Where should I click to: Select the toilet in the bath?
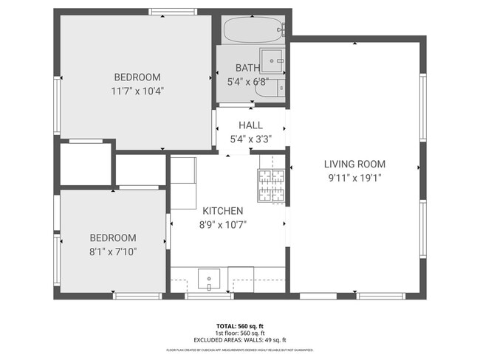[275, 89]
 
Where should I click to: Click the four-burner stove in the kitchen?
[271, 186]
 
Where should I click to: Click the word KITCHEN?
[202, 211]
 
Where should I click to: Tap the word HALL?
[250, 125]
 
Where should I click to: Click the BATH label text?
[247, 68]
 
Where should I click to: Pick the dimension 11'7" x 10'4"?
[137, 91]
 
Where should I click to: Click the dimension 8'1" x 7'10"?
[113, 252]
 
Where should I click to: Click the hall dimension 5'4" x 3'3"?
[250, 139]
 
